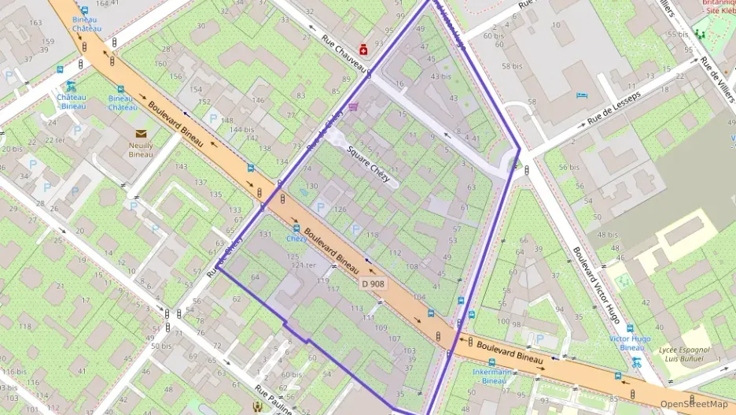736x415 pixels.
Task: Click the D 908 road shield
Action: (374, 283)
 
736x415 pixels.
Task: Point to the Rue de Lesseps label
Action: (614, 109)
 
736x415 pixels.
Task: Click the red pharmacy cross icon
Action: (363, 47)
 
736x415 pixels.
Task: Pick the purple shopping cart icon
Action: (353, 107)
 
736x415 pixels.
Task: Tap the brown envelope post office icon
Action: (142, 134)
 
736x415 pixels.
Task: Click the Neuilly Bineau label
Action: (142, 150)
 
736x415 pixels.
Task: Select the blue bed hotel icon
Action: (581, 95)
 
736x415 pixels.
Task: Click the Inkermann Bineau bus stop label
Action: (494, 376)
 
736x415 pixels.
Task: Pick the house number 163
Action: (35, 23)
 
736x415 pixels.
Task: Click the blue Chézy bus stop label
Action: (296, 238)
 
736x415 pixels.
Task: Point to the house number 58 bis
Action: (512, 66)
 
